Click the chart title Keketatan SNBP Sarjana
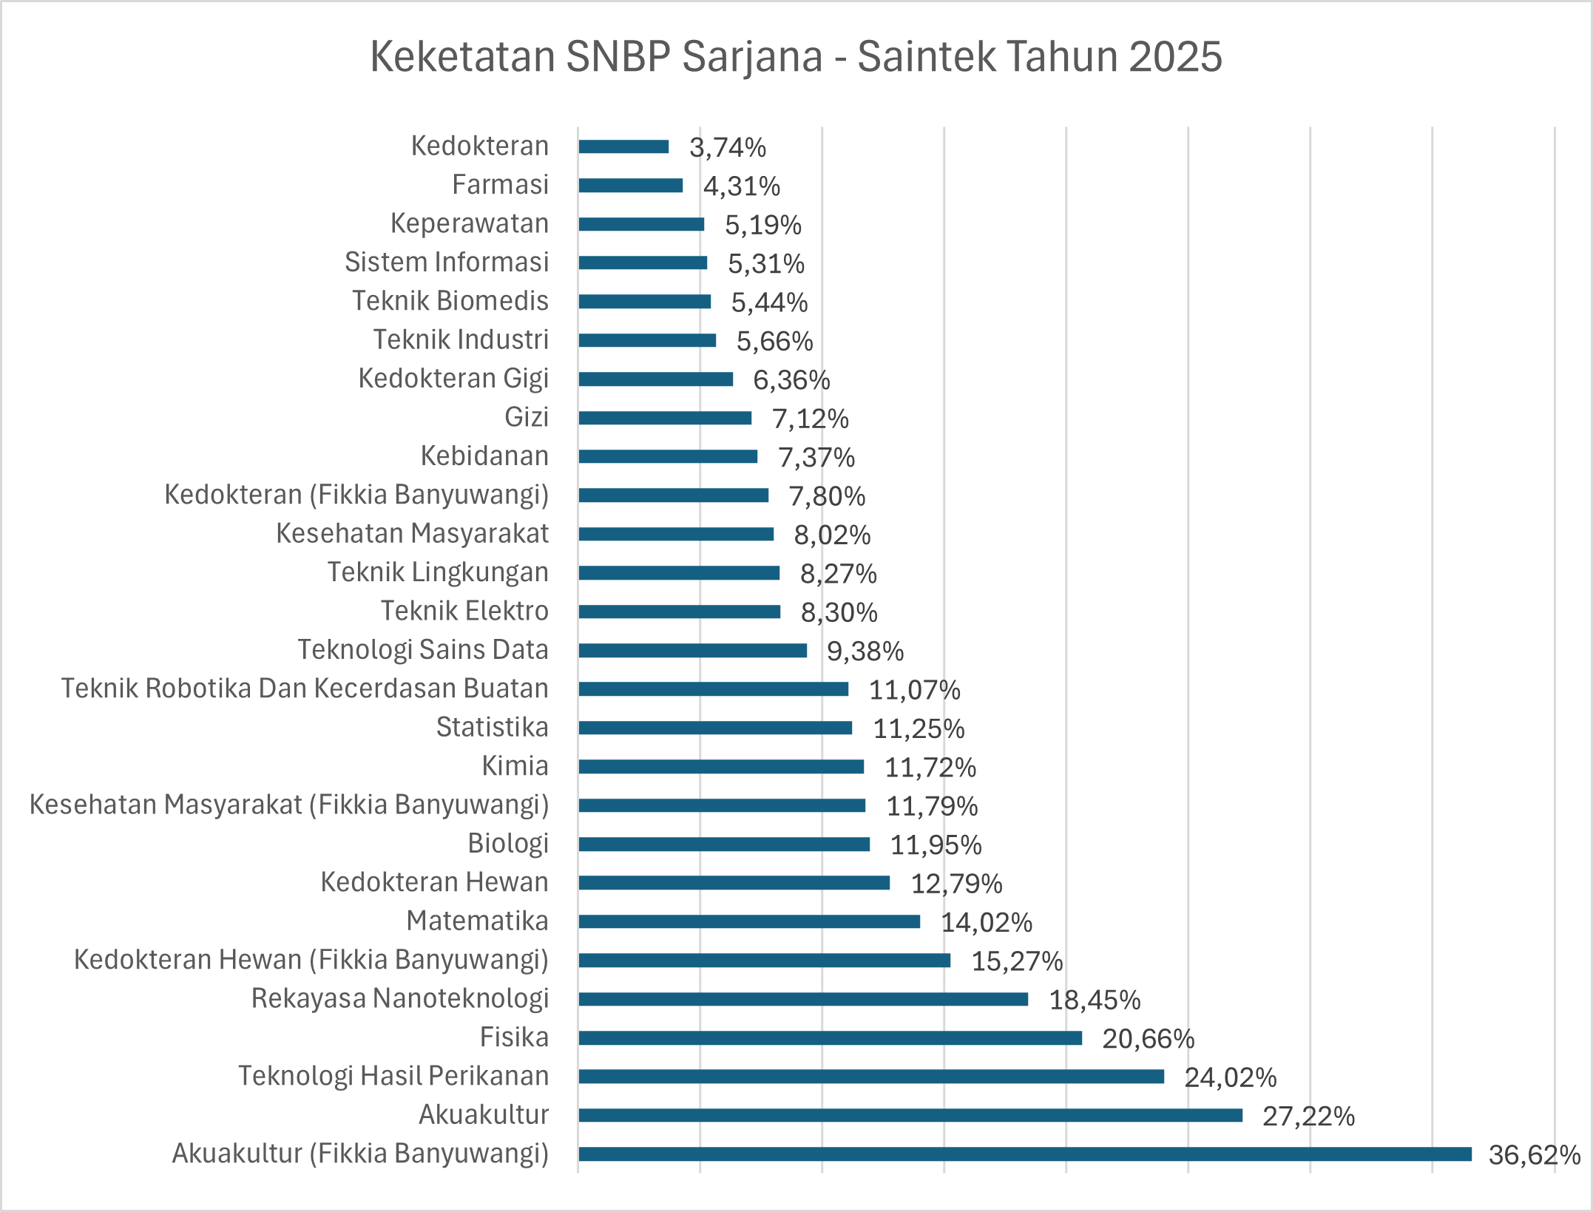595,57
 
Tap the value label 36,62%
1534,1154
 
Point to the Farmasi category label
500,185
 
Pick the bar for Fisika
830,1038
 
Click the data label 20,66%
1148,1039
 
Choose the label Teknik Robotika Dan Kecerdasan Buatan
305,688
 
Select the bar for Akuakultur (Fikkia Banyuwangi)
1024,1154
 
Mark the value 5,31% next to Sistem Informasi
765,264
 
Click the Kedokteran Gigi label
453,379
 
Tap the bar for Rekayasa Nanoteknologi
803,1000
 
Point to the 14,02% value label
986,923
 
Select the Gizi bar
665,419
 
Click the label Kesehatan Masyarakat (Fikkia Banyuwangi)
289,805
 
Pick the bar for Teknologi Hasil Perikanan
871,1077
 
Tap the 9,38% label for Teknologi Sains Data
865,651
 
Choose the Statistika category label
492,728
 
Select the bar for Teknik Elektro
679,612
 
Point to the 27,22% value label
1308,1117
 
